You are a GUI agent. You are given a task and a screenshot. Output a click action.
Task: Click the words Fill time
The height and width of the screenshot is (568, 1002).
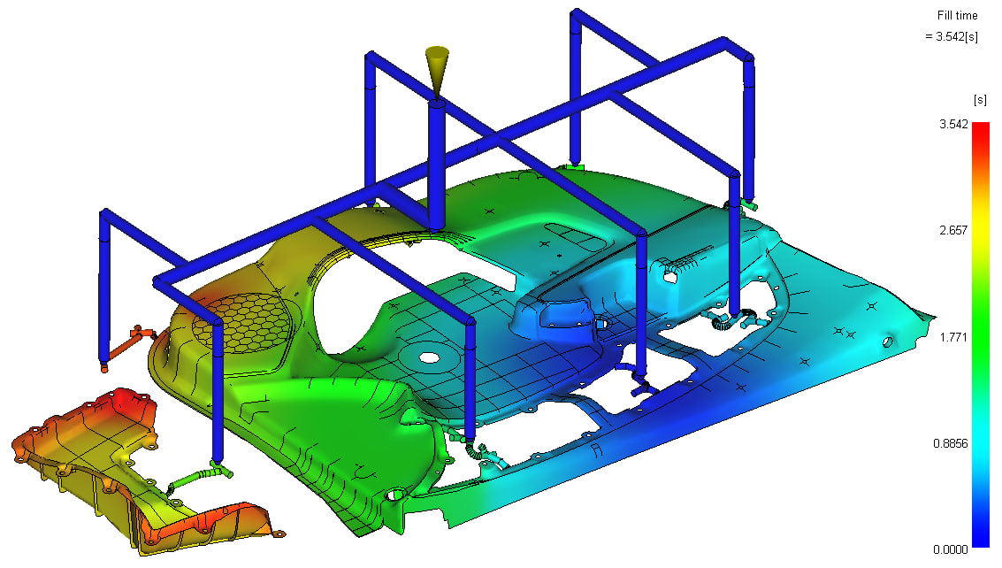(957, 15)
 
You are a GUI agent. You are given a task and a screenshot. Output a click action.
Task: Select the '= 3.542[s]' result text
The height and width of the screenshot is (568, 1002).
(951, 36)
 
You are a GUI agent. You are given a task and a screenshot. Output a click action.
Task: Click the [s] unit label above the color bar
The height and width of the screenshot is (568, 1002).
(979, 99)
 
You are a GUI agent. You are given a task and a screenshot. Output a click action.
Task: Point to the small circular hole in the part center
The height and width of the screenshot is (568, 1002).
(429, 358)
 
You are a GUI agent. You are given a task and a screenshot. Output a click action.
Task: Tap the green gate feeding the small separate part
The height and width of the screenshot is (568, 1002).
(190, 479)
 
